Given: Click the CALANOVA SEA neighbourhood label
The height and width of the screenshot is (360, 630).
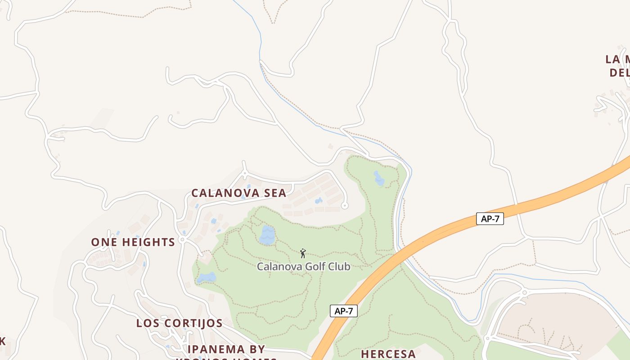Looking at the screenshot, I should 238,193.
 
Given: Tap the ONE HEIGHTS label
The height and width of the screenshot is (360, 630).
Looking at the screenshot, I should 133,242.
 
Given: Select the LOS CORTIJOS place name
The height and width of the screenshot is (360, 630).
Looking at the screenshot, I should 179,323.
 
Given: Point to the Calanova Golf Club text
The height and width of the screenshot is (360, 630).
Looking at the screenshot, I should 303,266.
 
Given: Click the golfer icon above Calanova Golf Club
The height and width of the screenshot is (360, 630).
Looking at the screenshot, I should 303,253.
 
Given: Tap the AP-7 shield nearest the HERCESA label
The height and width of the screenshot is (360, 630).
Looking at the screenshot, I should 344,311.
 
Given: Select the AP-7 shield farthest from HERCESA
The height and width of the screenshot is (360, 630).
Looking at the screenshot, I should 490,219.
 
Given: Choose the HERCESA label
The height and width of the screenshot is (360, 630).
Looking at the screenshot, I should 388,354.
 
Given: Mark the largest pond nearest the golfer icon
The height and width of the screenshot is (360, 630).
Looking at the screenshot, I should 267,235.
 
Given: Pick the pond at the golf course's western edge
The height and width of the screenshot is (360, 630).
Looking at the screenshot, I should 206,278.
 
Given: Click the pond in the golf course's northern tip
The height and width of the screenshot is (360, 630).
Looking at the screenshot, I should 379,178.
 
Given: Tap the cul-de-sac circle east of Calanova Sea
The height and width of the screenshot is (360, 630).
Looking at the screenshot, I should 345,206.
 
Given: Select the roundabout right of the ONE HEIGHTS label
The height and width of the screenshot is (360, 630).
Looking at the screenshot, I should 182,240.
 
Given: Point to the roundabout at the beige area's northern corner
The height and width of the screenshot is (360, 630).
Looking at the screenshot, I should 524,293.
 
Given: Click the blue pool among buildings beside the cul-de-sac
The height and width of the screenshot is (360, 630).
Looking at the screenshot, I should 319,200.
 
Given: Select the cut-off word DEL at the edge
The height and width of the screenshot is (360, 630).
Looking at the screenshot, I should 620,72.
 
